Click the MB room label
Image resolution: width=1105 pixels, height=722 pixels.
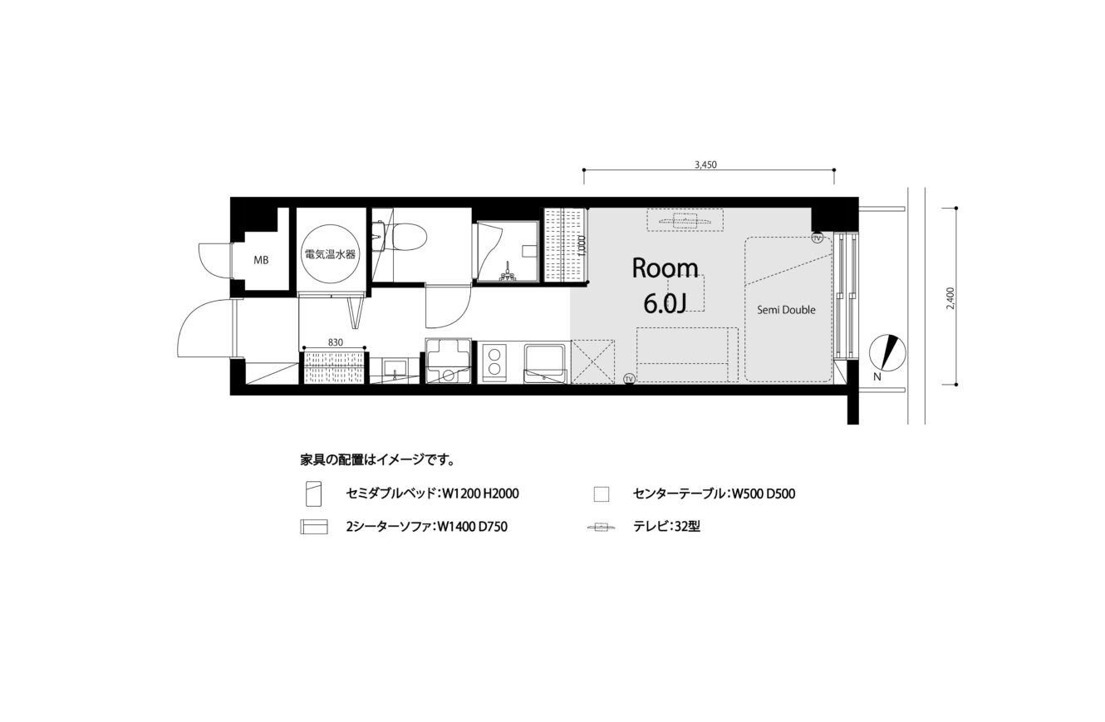click(261, 260)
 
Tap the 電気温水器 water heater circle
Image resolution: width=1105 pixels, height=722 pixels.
click(330, 253)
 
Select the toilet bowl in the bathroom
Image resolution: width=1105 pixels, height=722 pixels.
click(410, 237)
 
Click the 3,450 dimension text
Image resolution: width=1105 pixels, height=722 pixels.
click(705, 165)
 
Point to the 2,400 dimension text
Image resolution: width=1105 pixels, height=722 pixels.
click(950, 298)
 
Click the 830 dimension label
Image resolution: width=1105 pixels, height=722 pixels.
click(335, 342)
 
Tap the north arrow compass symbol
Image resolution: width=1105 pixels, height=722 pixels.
click(887, 352)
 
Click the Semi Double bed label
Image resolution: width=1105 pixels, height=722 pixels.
click(786, 310)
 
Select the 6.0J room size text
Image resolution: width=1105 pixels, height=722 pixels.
click(665, 304)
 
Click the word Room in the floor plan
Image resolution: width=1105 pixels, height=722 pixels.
click(665, 269)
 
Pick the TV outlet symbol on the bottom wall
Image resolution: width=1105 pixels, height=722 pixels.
click(629, 379)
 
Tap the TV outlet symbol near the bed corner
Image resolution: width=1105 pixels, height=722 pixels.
click(818, 238)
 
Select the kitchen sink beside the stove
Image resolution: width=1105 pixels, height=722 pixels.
click(545, 364)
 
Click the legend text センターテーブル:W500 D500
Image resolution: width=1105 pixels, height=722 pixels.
click(714, 494)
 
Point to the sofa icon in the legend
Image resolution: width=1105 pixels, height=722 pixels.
click(314, 527)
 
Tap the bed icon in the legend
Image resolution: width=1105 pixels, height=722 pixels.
click(314, 494)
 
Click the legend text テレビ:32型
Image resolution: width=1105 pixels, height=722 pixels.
click(666, 527)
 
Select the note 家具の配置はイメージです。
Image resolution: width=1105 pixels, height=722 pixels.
click(377, 460)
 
